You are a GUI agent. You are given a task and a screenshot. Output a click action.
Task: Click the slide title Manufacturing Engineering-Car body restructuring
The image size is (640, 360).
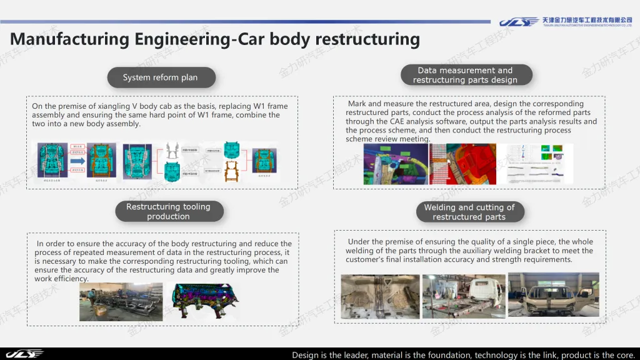[215, 39]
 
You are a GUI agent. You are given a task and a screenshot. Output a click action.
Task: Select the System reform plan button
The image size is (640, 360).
[161, 77]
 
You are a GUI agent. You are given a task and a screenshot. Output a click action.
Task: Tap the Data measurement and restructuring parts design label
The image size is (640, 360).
[465, 75]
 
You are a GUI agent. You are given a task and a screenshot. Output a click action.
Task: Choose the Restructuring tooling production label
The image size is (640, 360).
[168, 211]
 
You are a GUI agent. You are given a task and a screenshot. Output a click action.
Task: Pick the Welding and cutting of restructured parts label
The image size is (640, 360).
[469, 212]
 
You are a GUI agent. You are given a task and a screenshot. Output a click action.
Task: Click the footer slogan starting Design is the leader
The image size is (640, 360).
[463, 355]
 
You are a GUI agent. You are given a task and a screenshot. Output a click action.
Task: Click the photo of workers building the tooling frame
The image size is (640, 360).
[121, 302]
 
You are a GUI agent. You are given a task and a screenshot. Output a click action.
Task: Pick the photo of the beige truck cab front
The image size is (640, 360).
[553, 294]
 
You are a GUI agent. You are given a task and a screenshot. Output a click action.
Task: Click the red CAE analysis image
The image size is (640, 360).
[462, 164]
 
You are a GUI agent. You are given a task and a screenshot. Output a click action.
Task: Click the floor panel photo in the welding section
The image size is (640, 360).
[379, 296]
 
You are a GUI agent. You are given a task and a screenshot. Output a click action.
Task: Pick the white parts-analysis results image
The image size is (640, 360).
[539, 163]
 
